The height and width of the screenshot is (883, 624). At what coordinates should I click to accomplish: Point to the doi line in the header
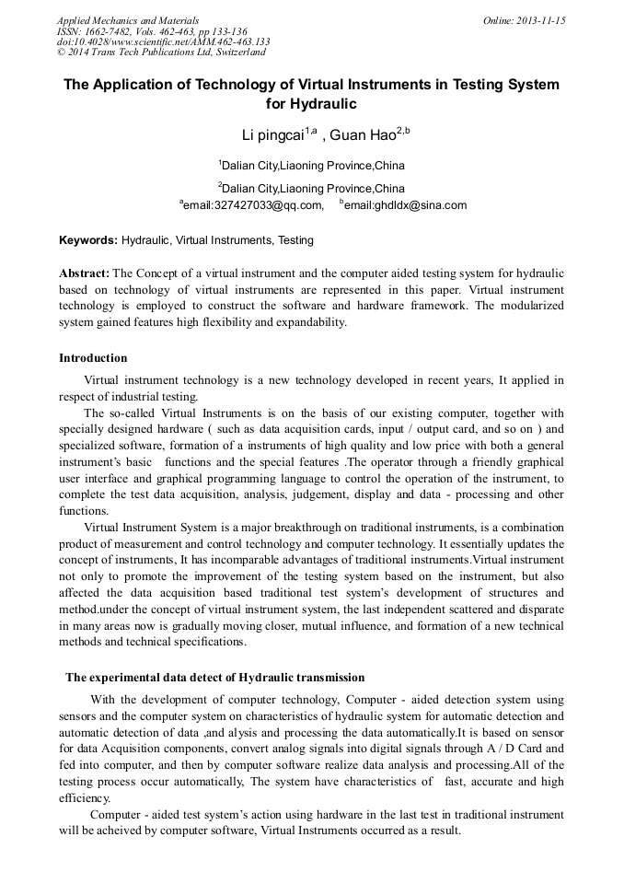coord(163,41)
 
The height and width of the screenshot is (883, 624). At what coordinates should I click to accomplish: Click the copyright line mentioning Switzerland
coord(161,52)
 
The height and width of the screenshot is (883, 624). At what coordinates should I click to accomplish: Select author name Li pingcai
coord(273,136)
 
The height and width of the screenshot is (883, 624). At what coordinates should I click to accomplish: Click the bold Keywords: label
coord(88,240)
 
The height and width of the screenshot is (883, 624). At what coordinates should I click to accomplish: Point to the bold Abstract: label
coord(85,273)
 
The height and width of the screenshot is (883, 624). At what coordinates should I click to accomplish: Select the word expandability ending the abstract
coord(308,322)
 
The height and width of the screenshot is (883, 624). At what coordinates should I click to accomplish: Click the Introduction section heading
coord(93,358)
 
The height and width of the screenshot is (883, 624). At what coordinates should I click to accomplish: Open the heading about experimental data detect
coord(214,678)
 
